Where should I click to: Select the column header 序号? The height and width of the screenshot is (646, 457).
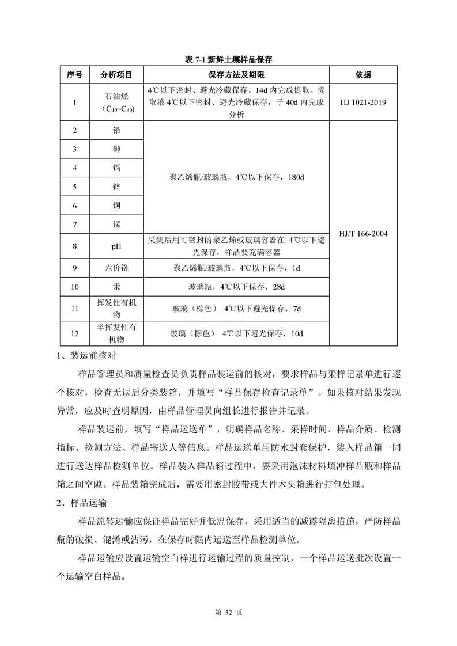pos(75,75)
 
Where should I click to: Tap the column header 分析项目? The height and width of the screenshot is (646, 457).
pos(116,75)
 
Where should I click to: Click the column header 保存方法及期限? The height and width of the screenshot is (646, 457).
pos(236,75)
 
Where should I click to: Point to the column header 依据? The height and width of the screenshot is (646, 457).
pos(363,75)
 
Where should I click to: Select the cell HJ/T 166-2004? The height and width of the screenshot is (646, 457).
pos(363,234)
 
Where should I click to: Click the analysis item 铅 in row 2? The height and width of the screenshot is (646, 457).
pos(116,130)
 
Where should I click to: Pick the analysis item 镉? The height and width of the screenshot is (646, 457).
pos(116,168)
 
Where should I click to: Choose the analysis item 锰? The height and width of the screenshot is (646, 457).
pos(116,224)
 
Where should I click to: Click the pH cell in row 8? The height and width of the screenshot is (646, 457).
pos(116,247)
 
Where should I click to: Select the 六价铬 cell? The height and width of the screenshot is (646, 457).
pos(116,268)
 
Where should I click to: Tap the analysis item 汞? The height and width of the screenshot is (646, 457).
pos(116,287)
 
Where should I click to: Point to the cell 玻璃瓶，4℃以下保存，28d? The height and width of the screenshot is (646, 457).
pos(236,287)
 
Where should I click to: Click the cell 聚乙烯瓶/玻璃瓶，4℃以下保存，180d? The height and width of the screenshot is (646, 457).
pos(236,177)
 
